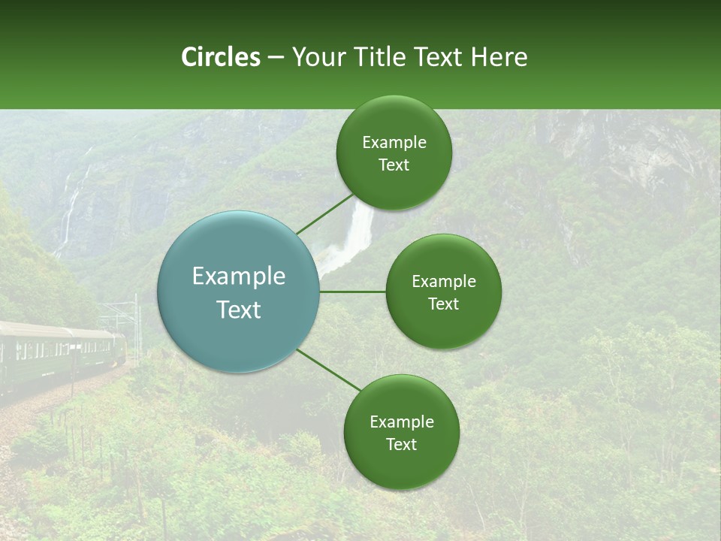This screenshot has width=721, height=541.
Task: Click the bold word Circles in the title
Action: click(221, 57)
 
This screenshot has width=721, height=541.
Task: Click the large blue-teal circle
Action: click(238, 292)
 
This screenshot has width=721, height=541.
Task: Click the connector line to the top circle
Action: click(324, 213)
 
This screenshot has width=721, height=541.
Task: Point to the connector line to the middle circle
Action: click(352, 292)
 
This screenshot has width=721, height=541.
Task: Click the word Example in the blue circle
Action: click(239, 277)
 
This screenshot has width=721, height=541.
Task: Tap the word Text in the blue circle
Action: click(239, 310)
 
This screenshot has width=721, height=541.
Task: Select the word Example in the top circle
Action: click(394, 143)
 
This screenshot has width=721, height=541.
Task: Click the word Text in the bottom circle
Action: click(401, 444)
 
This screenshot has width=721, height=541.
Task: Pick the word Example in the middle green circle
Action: click(444, 282)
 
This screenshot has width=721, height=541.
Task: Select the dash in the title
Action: click(276, 57)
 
